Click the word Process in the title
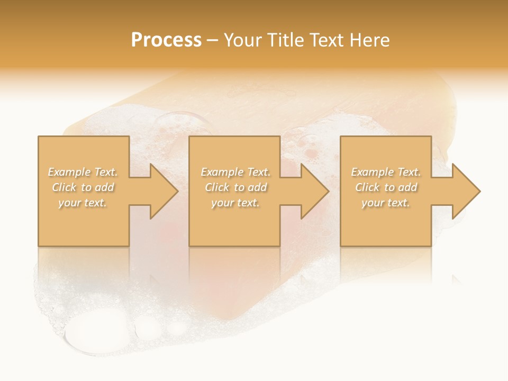click(166, 40)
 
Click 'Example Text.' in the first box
click(83, 172)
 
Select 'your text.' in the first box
click(83, 203)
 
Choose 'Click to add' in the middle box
click(235, 187)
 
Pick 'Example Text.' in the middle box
click(235, 172)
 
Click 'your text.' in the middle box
click(235, 203)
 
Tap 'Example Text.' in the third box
click(386, 172)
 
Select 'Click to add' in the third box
click(386, 187)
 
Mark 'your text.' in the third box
click(386, 203)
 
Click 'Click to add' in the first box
click(83, 187)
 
